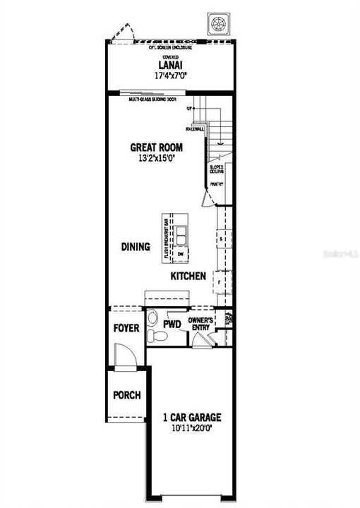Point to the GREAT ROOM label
click(156, 147)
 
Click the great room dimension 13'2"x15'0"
click(156, 159)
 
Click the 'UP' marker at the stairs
click(190, 109)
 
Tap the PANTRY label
click(216, 185)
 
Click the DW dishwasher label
click(180, 253)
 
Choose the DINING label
click(136, 247)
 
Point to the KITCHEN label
click(188, 276)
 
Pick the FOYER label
click(126, 329)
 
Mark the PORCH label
click(127, 395)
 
